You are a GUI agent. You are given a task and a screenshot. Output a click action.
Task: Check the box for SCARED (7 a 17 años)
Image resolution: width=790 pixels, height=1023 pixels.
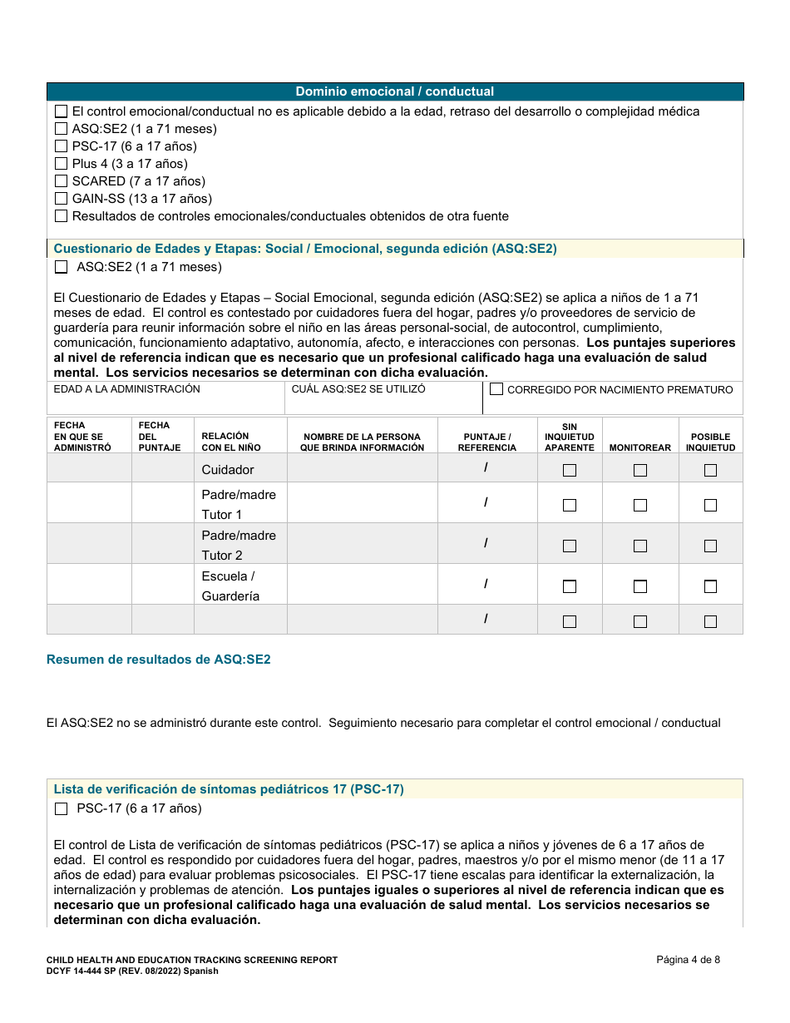pyautogui.click(x=61, y=181)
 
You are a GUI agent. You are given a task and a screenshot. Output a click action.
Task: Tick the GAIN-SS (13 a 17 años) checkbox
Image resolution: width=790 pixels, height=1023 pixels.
pyautogui.click(x=61, y=199)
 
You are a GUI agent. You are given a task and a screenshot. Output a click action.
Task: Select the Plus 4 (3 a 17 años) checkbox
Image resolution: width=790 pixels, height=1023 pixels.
pyautogui.click(x=61, y=164)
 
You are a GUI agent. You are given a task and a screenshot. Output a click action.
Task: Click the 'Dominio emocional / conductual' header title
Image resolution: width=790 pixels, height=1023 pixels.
pyautogui.click(x=395, y=91)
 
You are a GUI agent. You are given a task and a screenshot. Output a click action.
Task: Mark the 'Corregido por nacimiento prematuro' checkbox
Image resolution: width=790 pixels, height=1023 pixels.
pyautogui.click(x=496, y=389)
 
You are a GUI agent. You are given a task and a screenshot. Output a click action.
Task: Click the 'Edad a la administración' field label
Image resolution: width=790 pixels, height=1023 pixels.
pyautogui.click(x=127, y=389)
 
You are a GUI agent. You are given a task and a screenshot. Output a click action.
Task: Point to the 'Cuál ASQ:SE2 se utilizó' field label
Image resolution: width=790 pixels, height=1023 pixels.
pyautogui.click(x=358, y=389)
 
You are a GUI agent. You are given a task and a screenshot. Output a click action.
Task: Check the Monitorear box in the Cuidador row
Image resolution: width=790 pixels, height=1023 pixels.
pyautogui.click(x=639, y=470)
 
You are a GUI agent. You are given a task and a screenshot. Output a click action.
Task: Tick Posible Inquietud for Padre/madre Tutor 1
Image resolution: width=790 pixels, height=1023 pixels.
pyautogui.click(x=710, y=505)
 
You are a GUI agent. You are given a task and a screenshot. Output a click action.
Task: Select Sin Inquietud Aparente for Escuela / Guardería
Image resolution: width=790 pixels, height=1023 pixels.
pyautogui.click(x=570, y=586)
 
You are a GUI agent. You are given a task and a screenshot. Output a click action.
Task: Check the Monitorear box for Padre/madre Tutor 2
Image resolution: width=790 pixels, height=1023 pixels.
pyautogui.click(x=639, y=546)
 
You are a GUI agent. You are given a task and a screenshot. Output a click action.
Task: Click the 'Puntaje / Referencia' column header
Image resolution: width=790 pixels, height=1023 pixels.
pyautogui.click(x=486, y=442)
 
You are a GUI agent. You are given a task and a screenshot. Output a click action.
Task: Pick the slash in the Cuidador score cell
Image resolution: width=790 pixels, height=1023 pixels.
pyautogui.click(x=486, y=467)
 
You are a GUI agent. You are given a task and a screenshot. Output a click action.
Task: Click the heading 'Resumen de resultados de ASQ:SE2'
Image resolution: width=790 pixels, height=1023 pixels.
pyautogui.click(x=159, y=660)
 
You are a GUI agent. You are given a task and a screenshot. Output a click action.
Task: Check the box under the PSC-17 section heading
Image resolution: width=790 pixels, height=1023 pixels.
pyautogui.click(x=61, y=809)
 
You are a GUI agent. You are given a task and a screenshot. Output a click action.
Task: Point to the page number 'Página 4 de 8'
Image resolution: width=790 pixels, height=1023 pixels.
pyautogui.click(x=688, y=960)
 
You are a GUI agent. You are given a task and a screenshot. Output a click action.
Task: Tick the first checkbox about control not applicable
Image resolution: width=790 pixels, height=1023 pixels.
pyautogui.click(x=61, y=111)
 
